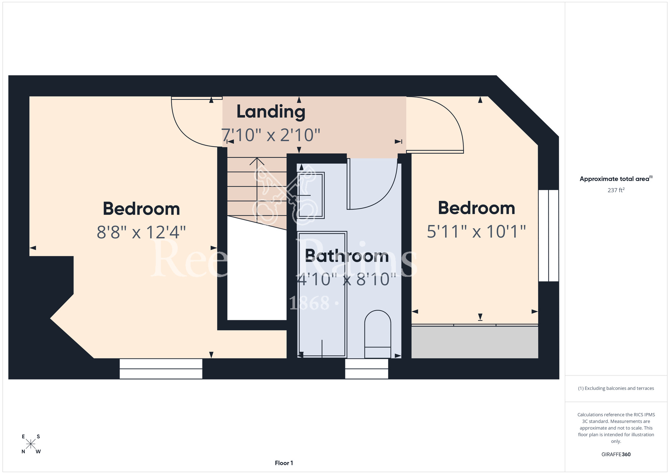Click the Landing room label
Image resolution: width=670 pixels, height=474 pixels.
(271, 112)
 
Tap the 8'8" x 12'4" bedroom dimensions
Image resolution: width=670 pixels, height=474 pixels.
(141, 232)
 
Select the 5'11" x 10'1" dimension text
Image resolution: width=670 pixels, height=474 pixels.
(476, 231)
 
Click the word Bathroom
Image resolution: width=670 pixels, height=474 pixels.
(347, 256)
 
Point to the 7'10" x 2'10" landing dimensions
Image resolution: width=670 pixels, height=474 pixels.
(271, 135)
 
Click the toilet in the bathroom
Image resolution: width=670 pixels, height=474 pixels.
(378, 334)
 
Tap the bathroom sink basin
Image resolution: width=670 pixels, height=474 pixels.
(311, 195)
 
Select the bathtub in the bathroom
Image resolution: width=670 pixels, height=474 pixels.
(322, 294)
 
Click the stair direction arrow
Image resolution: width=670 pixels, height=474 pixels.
(257, 190)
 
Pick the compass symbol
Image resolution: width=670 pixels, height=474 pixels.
(31, 444)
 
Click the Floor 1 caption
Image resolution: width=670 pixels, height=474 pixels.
(284, 463)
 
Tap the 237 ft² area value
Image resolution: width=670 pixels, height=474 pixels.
(616, 190)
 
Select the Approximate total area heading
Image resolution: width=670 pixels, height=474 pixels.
(616, 179)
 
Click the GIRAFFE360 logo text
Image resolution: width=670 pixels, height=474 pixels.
(616, 455)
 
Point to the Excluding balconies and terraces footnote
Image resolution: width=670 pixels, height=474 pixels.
(616, 388)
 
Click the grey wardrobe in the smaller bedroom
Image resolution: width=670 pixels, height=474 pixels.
(475, 342)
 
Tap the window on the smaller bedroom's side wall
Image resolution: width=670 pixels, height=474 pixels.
(548, 236)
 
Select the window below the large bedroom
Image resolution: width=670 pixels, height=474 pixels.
(161, 369)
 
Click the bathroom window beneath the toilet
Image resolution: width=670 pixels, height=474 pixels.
(366, 369)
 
